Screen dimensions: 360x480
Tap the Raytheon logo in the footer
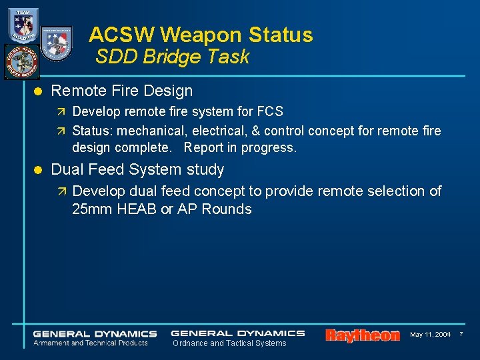coord(363,335)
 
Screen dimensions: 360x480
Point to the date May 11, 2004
coord(430,334)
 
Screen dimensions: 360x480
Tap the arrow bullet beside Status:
coord(62,131)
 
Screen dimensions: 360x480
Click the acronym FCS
coord(269,111)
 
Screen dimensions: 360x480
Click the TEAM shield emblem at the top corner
coord(23,25)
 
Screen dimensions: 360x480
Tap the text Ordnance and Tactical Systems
coord(229,343)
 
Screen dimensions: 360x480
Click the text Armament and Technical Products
coord(91,343)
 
